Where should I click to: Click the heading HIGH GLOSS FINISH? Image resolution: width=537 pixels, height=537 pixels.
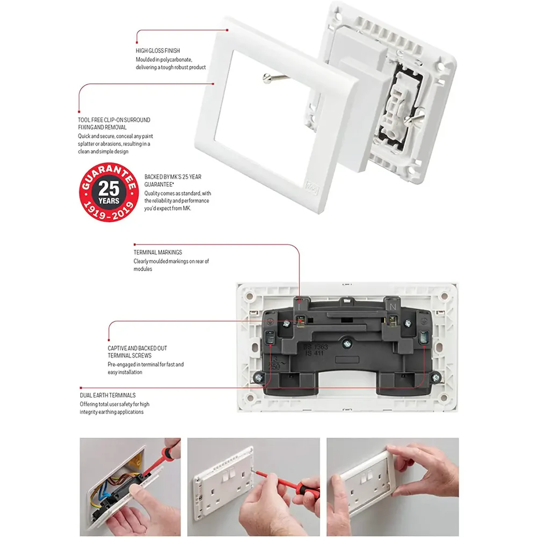(157, 50)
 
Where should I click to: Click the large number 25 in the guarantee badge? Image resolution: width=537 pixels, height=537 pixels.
(109, 190)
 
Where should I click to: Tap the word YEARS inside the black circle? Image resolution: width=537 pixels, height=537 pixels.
(109, 201)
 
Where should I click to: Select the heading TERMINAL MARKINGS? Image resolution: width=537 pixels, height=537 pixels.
(157, 252)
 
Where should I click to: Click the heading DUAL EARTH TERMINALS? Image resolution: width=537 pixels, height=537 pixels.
(107, 395)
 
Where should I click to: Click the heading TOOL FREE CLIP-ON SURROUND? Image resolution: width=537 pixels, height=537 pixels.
(114, 120)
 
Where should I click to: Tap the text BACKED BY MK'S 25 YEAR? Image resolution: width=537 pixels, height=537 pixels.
(172, 177)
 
